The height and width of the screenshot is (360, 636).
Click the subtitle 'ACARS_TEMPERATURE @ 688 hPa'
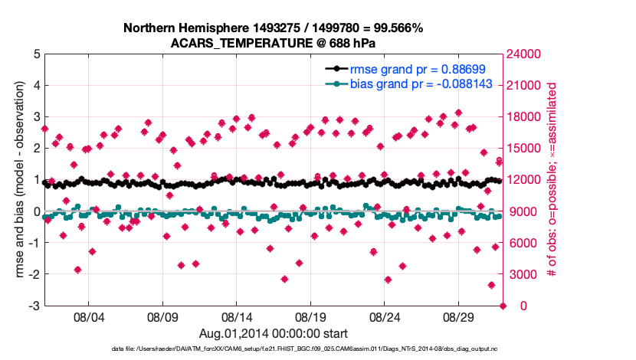[274, 43]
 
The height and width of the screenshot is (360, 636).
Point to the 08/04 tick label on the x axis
[87, 316]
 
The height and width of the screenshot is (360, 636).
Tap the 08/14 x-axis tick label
[237, 316]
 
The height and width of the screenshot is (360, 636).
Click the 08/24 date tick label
[385, 316]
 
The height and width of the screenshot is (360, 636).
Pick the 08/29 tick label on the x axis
[460, 316]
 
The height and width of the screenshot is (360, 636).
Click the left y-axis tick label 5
[36, 54]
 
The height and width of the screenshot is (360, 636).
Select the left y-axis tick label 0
[36, 211]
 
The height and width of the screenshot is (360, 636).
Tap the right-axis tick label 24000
[523, 54]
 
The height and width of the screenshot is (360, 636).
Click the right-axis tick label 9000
[520, 211]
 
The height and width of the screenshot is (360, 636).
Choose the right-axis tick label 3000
[520, 274]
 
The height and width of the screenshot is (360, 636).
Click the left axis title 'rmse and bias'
[17, 180]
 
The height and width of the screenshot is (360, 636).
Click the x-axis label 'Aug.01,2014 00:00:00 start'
[274, 333]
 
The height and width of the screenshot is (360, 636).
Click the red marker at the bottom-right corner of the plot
[503, 306]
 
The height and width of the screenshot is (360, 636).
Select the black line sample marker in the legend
[334, 68]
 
